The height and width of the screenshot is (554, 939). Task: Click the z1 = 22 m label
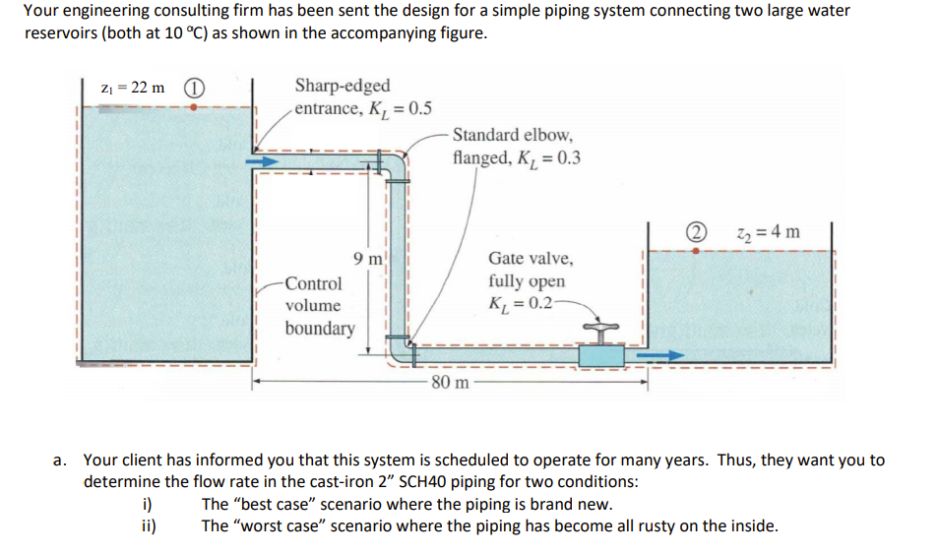pos(134,88)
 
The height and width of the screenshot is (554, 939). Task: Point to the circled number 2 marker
pos(698,232)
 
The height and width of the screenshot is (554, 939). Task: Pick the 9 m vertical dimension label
pos(367,260)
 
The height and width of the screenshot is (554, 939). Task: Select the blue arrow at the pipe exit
pos(663,354)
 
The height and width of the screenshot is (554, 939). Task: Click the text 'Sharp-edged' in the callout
pos(342,87)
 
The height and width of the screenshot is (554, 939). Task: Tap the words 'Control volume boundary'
pos(317,305)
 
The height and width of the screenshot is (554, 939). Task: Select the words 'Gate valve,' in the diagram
pos(530,259)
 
